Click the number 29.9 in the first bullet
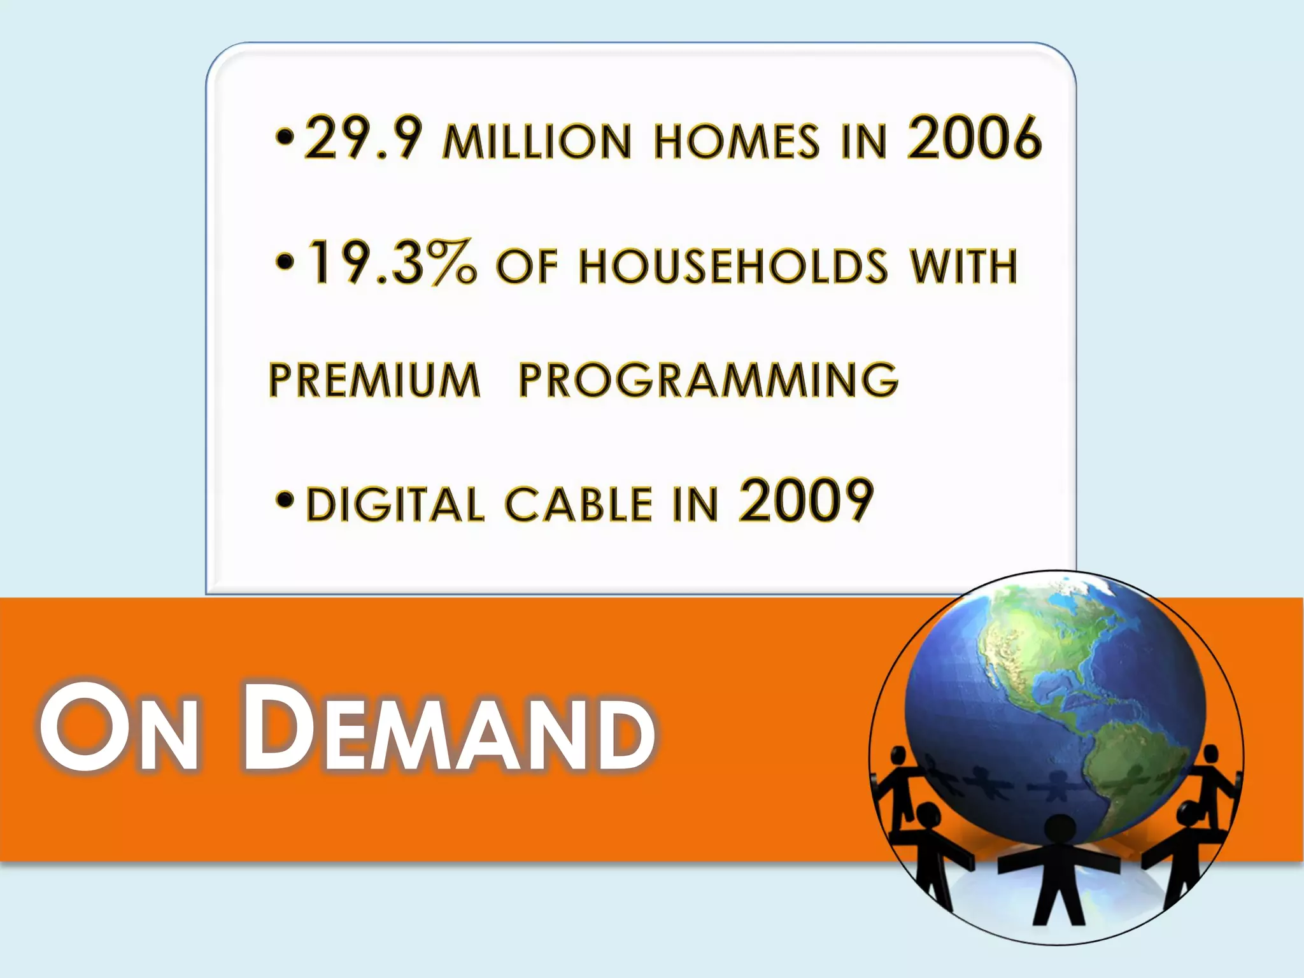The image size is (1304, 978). point(362,138)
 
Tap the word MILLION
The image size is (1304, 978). point(537,141)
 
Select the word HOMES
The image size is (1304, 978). point(736,141)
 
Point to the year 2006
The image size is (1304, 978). point(974,138)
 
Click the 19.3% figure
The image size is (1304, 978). point(391,263)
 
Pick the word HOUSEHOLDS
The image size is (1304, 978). point(733,266)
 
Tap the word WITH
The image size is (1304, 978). point(963,266)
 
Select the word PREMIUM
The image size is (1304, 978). point(374,380)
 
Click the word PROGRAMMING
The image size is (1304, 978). point(708,380)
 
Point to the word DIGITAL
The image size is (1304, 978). point(395,505)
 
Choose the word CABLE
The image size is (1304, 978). point(579,505)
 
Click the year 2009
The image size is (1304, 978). point(805,501)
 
